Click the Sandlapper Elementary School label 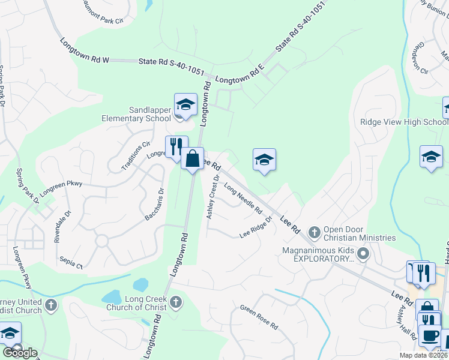point(150,114)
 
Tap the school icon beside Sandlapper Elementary point(185,104)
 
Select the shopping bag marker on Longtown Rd point(192,159)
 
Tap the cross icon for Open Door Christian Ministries point(314,232)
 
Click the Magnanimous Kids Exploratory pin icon point(363,254)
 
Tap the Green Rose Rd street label point(259,318)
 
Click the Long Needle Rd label point(243,199)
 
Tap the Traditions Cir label point(136,156)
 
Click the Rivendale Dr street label point(62,226)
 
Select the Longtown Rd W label point(85,50)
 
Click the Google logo point(20,353)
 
